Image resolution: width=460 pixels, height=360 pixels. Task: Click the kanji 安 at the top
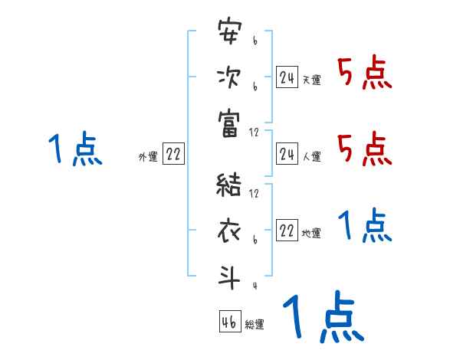[229, 34]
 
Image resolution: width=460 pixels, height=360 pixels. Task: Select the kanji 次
[229, 78]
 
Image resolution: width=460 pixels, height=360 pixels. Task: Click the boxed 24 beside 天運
[287, 77]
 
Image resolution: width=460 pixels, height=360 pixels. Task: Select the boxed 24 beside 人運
[287, 155]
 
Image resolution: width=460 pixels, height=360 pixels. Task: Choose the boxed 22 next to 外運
[173, 155]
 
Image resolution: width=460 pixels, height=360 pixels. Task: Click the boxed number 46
[229, 322]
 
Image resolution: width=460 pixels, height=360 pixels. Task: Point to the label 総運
[255, 325]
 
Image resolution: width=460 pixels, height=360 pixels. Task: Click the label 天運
[311, 80]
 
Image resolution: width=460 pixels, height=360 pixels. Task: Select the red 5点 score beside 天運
[364, 74]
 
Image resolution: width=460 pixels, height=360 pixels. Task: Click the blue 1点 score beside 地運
[365, 226]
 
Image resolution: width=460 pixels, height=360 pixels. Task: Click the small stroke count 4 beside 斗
[254, 286]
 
